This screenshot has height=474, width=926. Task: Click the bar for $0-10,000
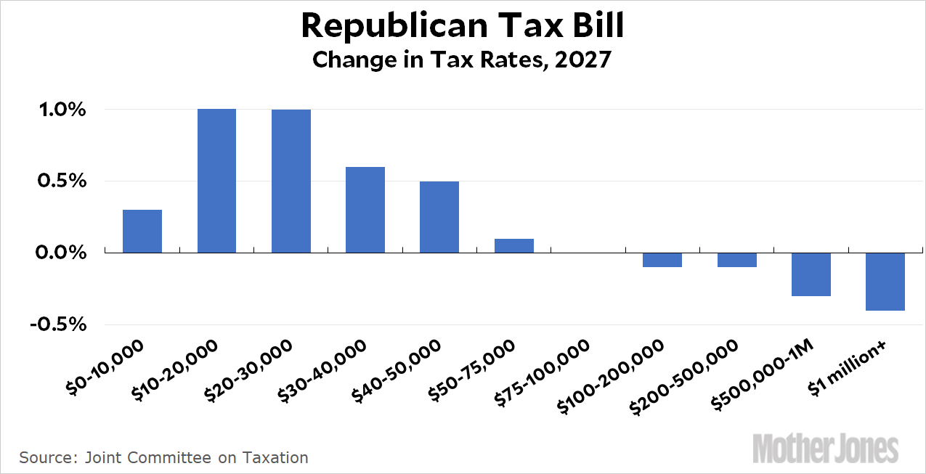(x=142, y=231)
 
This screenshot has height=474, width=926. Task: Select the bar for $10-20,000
(x=216, y=181)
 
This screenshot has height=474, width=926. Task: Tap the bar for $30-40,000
(x=365, y=210)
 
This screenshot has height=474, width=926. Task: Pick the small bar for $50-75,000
(x=514, y=245)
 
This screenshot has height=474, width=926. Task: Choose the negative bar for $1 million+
(x=885, y=282)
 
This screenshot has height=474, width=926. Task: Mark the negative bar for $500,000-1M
(x=811, y=274)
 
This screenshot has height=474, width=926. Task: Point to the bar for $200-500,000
(x=736, y=260)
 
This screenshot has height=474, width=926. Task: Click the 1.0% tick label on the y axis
(x=62, y=110)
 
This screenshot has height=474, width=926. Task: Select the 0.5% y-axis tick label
(x=62, y=181)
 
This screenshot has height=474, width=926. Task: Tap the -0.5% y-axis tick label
(x=58, y=324)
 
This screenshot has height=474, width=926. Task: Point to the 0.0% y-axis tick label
(x=62, y=253)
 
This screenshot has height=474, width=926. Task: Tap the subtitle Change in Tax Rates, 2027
(x=463, y=60)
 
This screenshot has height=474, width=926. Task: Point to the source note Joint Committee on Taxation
(x=163, y=457)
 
